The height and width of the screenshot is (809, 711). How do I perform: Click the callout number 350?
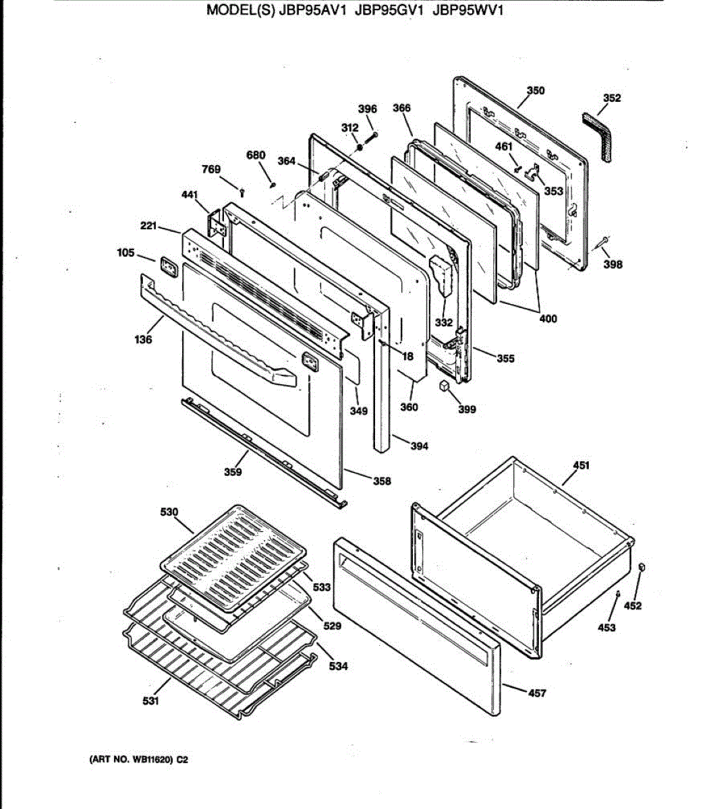coord(536,90)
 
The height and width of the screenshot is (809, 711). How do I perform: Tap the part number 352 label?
coord(612,98)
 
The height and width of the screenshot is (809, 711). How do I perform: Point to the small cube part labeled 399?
coord(445,386)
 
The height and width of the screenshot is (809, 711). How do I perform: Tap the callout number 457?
coord(537,692)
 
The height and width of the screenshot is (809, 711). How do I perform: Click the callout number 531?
coord(150,701)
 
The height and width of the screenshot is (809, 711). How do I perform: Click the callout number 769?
coord(211,169)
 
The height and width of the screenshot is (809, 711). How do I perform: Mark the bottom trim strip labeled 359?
coord(263,452)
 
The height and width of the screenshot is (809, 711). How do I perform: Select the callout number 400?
coord(548,318)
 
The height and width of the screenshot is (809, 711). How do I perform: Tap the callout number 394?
coord(419,446)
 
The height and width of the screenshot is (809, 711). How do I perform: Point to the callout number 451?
coord(581,465)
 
